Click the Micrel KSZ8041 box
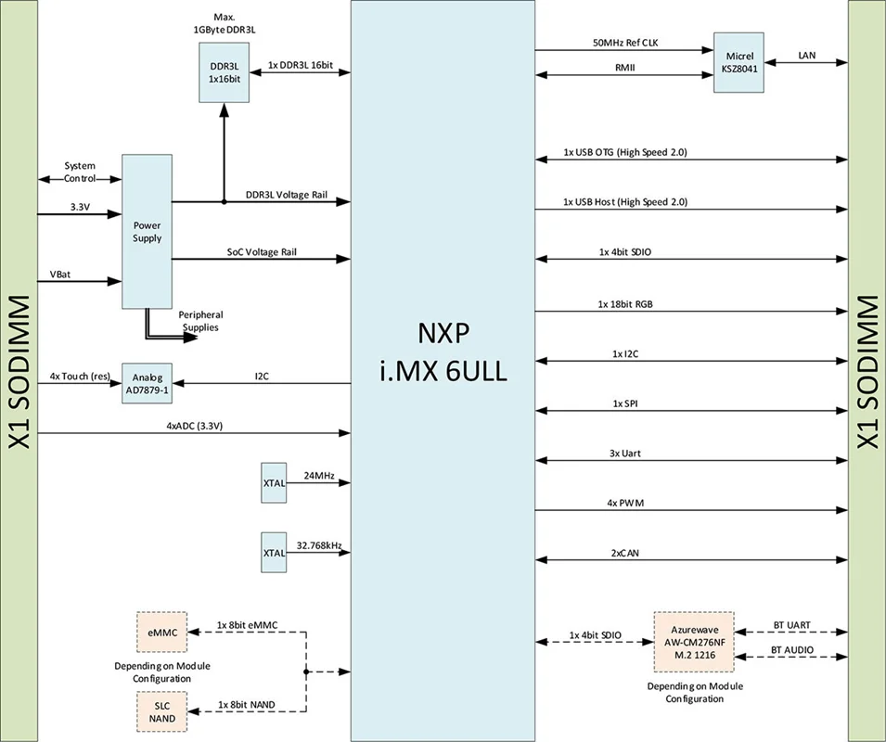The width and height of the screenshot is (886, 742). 738,62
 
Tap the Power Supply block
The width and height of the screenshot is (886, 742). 148,232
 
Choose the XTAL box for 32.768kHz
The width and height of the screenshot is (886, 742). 274,553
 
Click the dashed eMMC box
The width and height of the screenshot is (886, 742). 161,633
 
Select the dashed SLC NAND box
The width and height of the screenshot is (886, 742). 161,710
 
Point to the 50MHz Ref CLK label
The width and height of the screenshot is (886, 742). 628,43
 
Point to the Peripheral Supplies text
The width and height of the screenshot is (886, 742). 200,321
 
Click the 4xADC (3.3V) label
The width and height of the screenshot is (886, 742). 195,426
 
